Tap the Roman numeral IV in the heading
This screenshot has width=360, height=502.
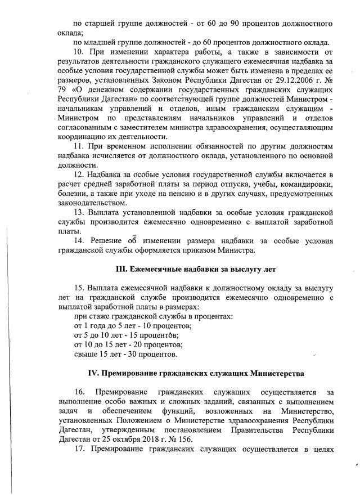(x=94, y=373)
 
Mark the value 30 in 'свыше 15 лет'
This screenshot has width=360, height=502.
(x=133, y=354)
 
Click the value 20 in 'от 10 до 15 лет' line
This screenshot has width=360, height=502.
(x=141, y=344)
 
